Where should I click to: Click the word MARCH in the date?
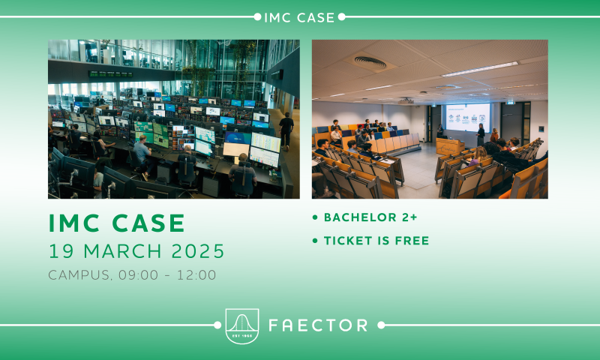(122, 251)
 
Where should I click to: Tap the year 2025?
(198, 251)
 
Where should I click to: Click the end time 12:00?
(196, 274)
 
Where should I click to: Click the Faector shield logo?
(242, 326)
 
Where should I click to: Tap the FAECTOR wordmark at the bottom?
(318, 325)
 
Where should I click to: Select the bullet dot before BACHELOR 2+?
(315, 217)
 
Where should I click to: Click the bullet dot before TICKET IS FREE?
(315, 241)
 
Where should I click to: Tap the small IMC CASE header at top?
(299, 17)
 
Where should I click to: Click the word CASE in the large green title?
(148, 223)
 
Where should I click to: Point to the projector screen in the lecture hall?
(467, 117)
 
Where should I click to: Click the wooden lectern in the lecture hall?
(449, 147)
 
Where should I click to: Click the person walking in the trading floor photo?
(286, 130)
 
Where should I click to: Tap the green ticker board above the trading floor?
(111, 73)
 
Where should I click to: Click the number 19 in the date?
(61, 251)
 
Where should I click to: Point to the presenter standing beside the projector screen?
(480, 135)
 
